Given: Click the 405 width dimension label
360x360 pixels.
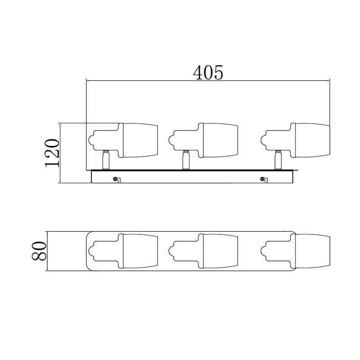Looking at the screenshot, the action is (208, 72).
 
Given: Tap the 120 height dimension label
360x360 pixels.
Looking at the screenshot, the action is (52, 153).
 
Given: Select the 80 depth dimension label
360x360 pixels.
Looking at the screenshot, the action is (39, 251).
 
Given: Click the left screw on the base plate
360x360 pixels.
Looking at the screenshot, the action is (115, 179).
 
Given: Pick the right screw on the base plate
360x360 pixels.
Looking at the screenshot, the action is (262, 179).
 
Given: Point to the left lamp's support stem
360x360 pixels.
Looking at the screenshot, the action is (106, 160).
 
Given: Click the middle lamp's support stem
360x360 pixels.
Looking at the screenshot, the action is (186, 160).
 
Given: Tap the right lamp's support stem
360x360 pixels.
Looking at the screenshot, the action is (278, 160).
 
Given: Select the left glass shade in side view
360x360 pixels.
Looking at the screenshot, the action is (140, 140).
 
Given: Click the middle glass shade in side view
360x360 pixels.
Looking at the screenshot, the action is (220, 140).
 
